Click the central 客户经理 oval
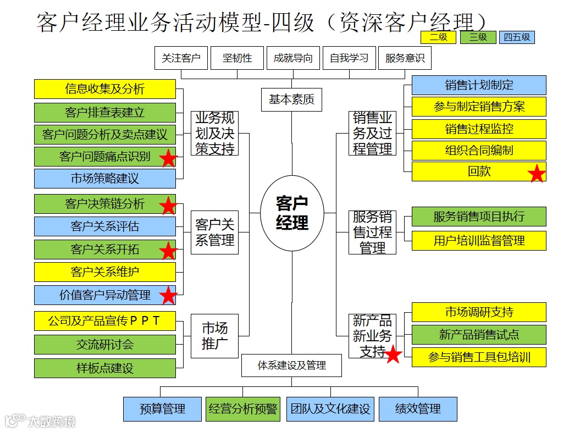292,213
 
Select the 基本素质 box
291,100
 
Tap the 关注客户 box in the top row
181,58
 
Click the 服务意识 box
405,58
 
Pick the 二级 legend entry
438,37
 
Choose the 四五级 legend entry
517,37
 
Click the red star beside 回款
536,174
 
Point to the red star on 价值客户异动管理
168,296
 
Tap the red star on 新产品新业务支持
393,354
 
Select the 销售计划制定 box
479,85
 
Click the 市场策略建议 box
105,179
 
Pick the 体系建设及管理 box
291,365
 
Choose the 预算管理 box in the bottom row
162,409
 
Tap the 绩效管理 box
418,409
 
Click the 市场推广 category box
214,336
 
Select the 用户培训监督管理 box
479,241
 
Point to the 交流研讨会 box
105,345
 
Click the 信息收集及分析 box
105,89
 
